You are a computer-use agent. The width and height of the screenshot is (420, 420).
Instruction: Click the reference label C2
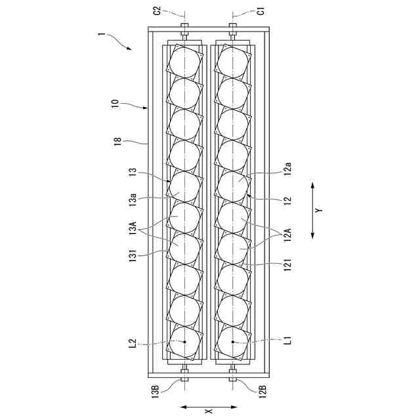157,10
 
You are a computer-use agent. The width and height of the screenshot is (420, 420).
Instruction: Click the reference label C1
261,10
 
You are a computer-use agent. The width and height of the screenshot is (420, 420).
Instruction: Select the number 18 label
118,141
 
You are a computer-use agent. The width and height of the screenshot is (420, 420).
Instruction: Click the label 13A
133,228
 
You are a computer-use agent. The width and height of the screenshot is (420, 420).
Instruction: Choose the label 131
133,255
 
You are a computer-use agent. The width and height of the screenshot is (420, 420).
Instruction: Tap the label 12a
288,169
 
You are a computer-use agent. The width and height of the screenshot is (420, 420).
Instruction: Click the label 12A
288,234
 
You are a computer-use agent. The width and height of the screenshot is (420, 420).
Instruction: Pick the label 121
288,265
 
